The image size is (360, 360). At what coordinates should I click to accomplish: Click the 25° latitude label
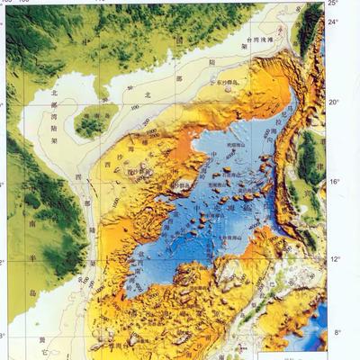[333, 4]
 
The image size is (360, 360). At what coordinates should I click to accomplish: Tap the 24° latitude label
[333, 21]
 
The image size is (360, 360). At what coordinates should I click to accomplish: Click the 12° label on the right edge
[335, 259]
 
